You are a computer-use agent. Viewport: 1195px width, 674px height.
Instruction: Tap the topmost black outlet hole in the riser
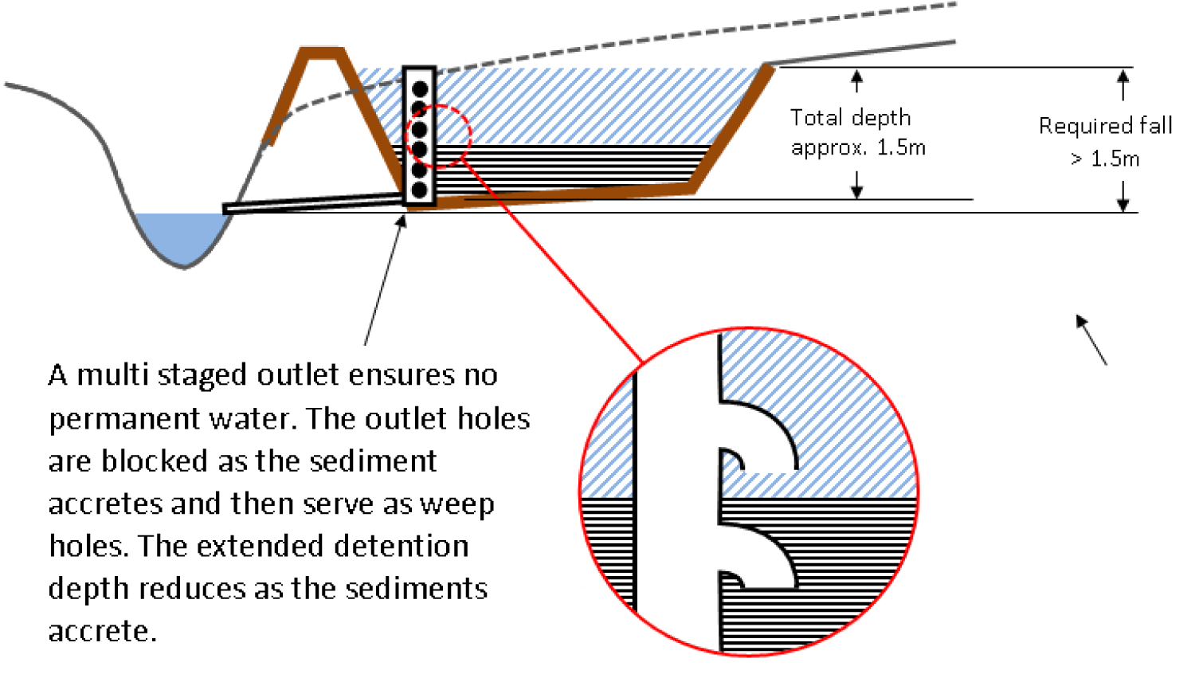pos(420,88)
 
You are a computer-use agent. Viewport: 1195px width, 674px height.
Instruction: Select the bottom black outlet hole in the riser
pos(420,190)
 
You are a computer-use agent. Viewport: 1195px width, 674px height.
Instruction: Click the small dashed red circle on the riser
pos(439,135)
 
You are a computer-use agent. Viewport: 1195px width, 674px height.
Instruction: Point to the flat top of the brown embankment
pos(321,53)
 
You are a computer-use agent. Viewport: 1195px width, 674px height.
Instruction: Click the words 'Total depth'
pos(850,118)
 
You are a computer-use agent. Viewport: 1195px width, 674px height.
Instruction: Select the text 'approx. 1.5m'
pos(858,148)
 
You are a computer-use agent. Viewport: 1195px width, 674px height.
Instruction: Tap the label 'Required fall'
pos(1105,126)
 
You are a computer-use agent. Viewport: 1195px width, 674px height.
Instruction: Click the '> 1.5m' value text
pos(1105,159)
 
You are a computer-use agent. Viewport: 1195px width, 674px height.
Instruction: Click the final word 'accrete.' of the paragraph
pos(102,631)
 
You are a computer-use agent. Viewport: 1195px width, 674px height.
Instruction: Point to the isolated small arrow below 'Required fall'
pos(1091,339)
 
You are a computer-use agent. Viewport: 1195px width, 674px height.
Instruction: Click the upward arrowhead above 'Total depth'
pos(857,77)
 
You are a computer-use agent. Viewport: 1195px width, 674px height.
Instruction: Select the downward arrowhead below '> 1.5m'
pos(1123,205)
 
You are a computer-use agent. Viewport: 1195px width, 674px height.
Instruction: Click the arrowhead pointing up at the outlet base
pos(402,221)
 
